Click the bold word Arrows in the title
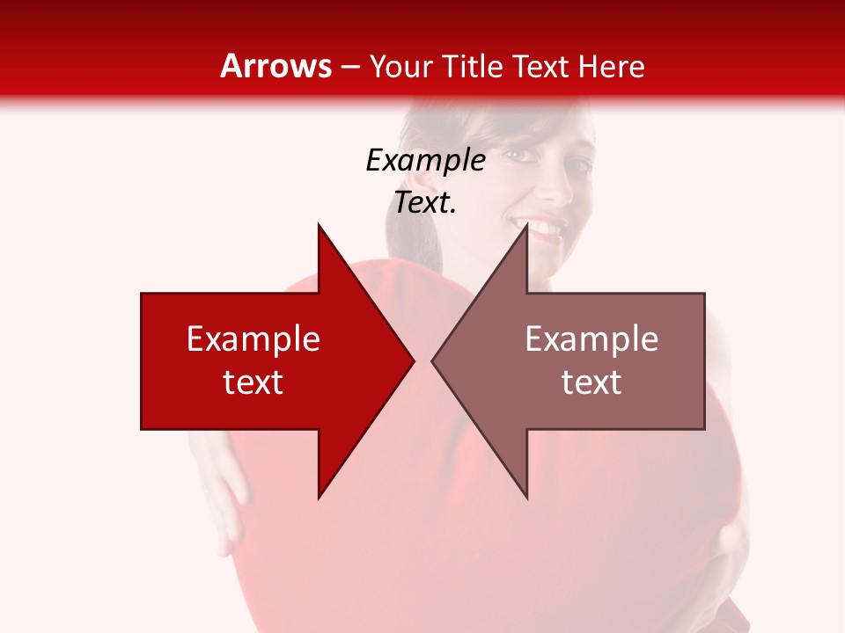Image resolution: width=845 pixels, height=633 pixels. pos(276,66)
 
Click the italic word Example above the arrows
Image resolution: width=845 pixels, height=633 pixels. pos(425,161)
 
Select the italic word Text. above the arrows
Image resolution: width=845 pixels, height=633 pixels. pos(425,203)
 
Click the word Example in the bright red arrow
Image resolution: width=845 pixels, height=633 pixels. pos(253,339)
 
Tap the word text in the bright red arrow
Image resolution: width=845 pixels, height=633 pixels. pos(253,382)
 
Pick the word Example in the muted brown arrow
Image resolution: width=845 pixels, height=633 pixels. pos(591,339)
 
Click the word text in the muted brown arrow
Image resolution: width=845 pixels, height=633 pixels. pos(591,382)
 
